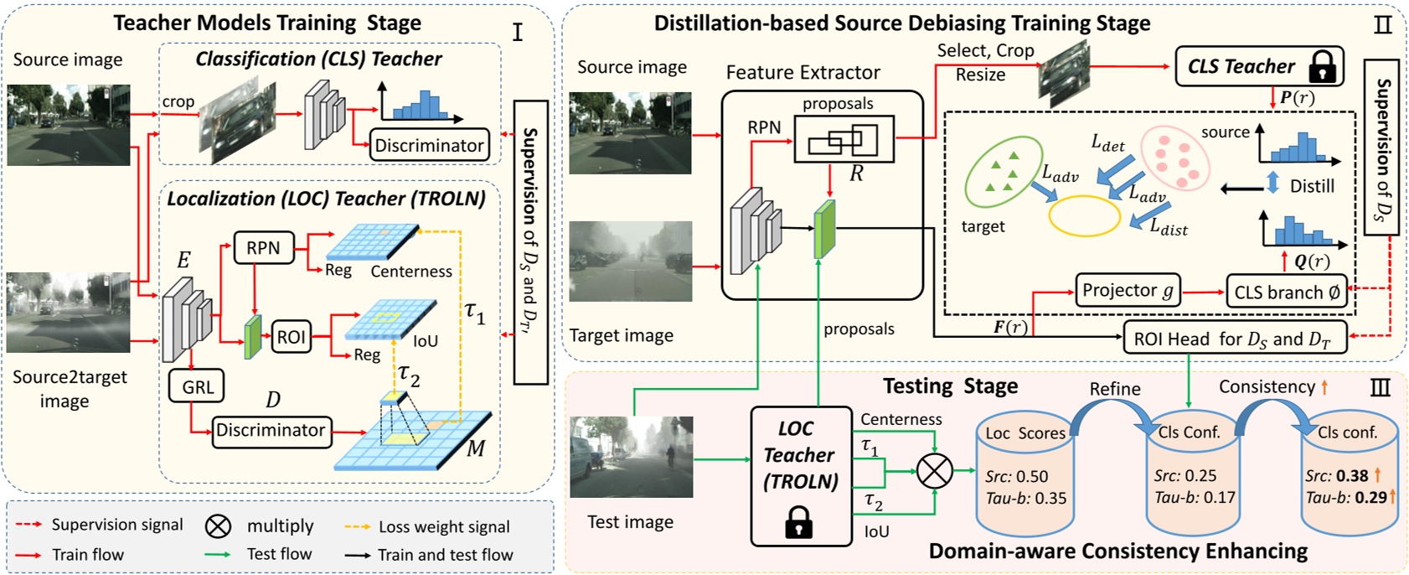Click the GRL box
click(x=198, y=387)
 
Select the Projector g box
click(x=1128, y=291)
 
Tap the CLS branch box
click(x=1287, y=292)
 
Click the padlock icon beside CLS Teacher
click(x=1322, y=66)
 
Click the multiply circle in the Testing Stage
click(x=935, y=470)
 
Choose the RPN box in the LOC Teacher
click(x=263, y=248)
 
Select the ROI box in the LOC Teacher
click(x=291, y=338)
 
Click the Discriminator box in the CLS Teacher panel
click(x=429, y=145)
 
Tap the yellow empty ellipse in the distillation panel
click(x=1085, y=216)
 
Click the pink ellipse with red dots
click(x=1175, y=157)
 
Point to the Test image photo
click(x=631, y=457)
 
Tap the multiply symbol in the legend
click(x=218, y=526)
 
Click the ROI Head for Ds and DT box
click(x=1235, y=339)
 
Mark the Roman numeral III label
click(x=1380, y=387)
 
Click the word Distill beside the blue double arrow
click(x=1312, y=186)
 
